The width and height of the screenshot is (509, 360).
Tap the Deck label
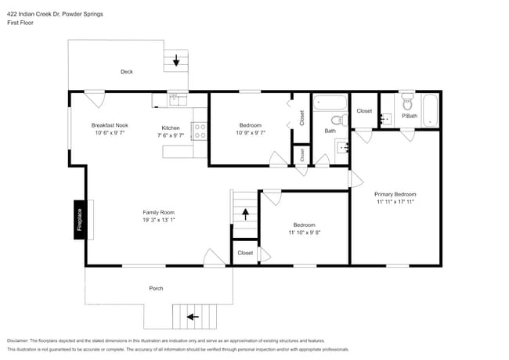coord(126,72)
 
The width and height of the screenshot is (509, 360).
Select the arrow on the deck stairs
coord(176,59)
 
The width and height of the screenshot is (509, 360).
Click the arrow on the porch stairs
coord(190,317)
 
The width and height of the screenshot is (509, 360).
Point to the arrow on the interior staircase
coord(245,212)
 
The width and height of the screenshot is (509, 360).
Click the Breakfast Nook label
coord(110,125)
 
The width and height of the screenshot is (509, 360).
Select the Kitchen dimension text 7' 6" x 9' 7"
coord(171,135)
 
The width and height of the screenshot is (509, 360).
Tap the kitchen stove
coord(198,131)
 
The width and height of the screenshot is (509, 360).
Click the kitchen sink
coord(177,99)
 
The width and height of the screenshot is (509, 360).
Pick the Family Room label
coord(158,212)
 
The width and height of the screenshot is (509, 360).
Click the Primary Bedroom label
coord(395,194)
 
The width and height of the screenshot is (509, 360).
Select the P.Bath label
coord(409,117)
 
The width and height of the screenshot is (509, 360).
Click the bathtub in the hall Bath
coord(330,102)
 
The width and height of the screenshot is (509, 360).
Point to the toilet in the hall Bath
coord(337,121)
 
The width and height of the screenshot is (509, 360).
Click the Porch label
coord(157,289)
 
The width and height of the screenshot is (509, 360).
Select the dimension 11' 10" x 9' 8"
coord(304,232)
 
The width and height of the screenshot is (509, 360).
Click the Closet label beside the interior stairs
coord(245,253)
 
